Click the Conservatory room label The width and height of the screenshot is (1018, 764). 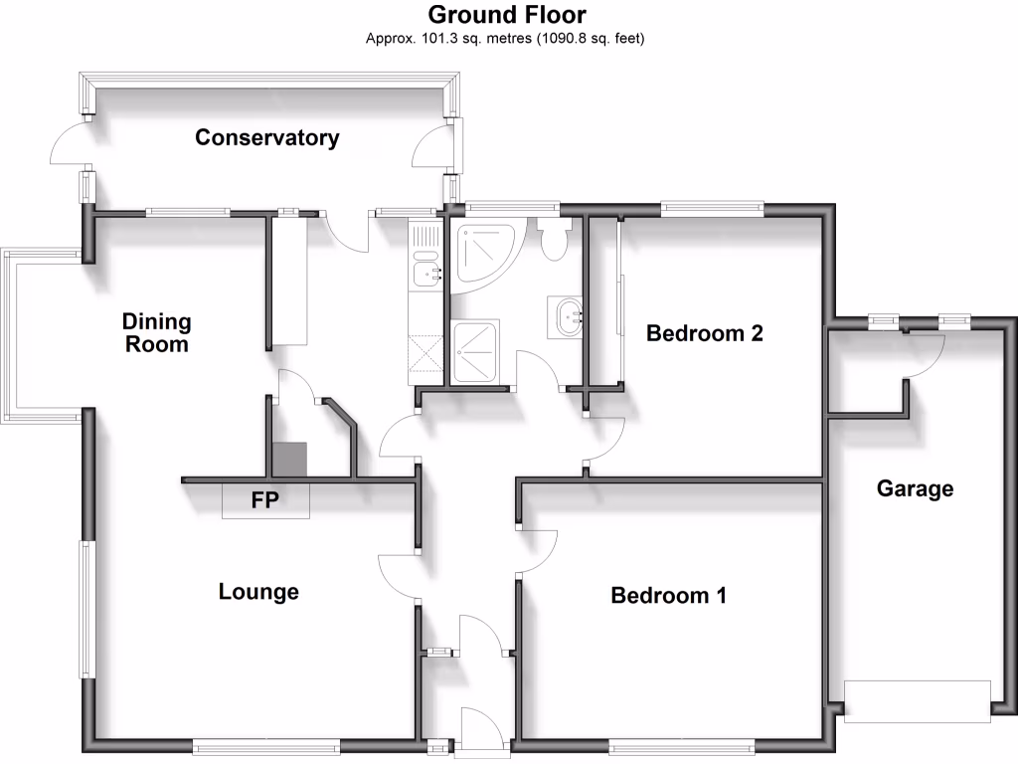266,137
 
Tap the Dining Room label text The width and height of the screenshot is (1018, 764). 156,332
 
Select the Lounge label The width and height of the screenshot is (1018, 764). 258,592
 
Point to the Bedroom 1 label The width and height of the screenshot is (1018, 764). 668,595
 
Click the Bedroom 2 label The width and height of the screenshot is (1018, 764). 704,332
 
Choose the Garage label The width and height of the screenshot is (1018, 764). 915,488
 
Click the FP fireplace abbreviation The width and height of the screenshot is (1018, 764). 264,500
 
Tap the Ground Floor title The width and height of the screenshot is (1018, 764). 507,15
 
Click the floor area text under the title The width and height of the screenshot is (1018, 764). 507,39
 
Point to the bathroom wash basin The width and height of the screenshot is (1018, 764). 570,316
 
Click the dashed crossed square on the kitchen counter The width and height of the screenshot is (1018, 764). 424,353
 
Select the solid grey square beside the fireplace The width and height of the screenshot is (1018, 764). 290,459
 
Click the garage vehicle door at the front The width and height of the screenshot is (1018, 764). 917,699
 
